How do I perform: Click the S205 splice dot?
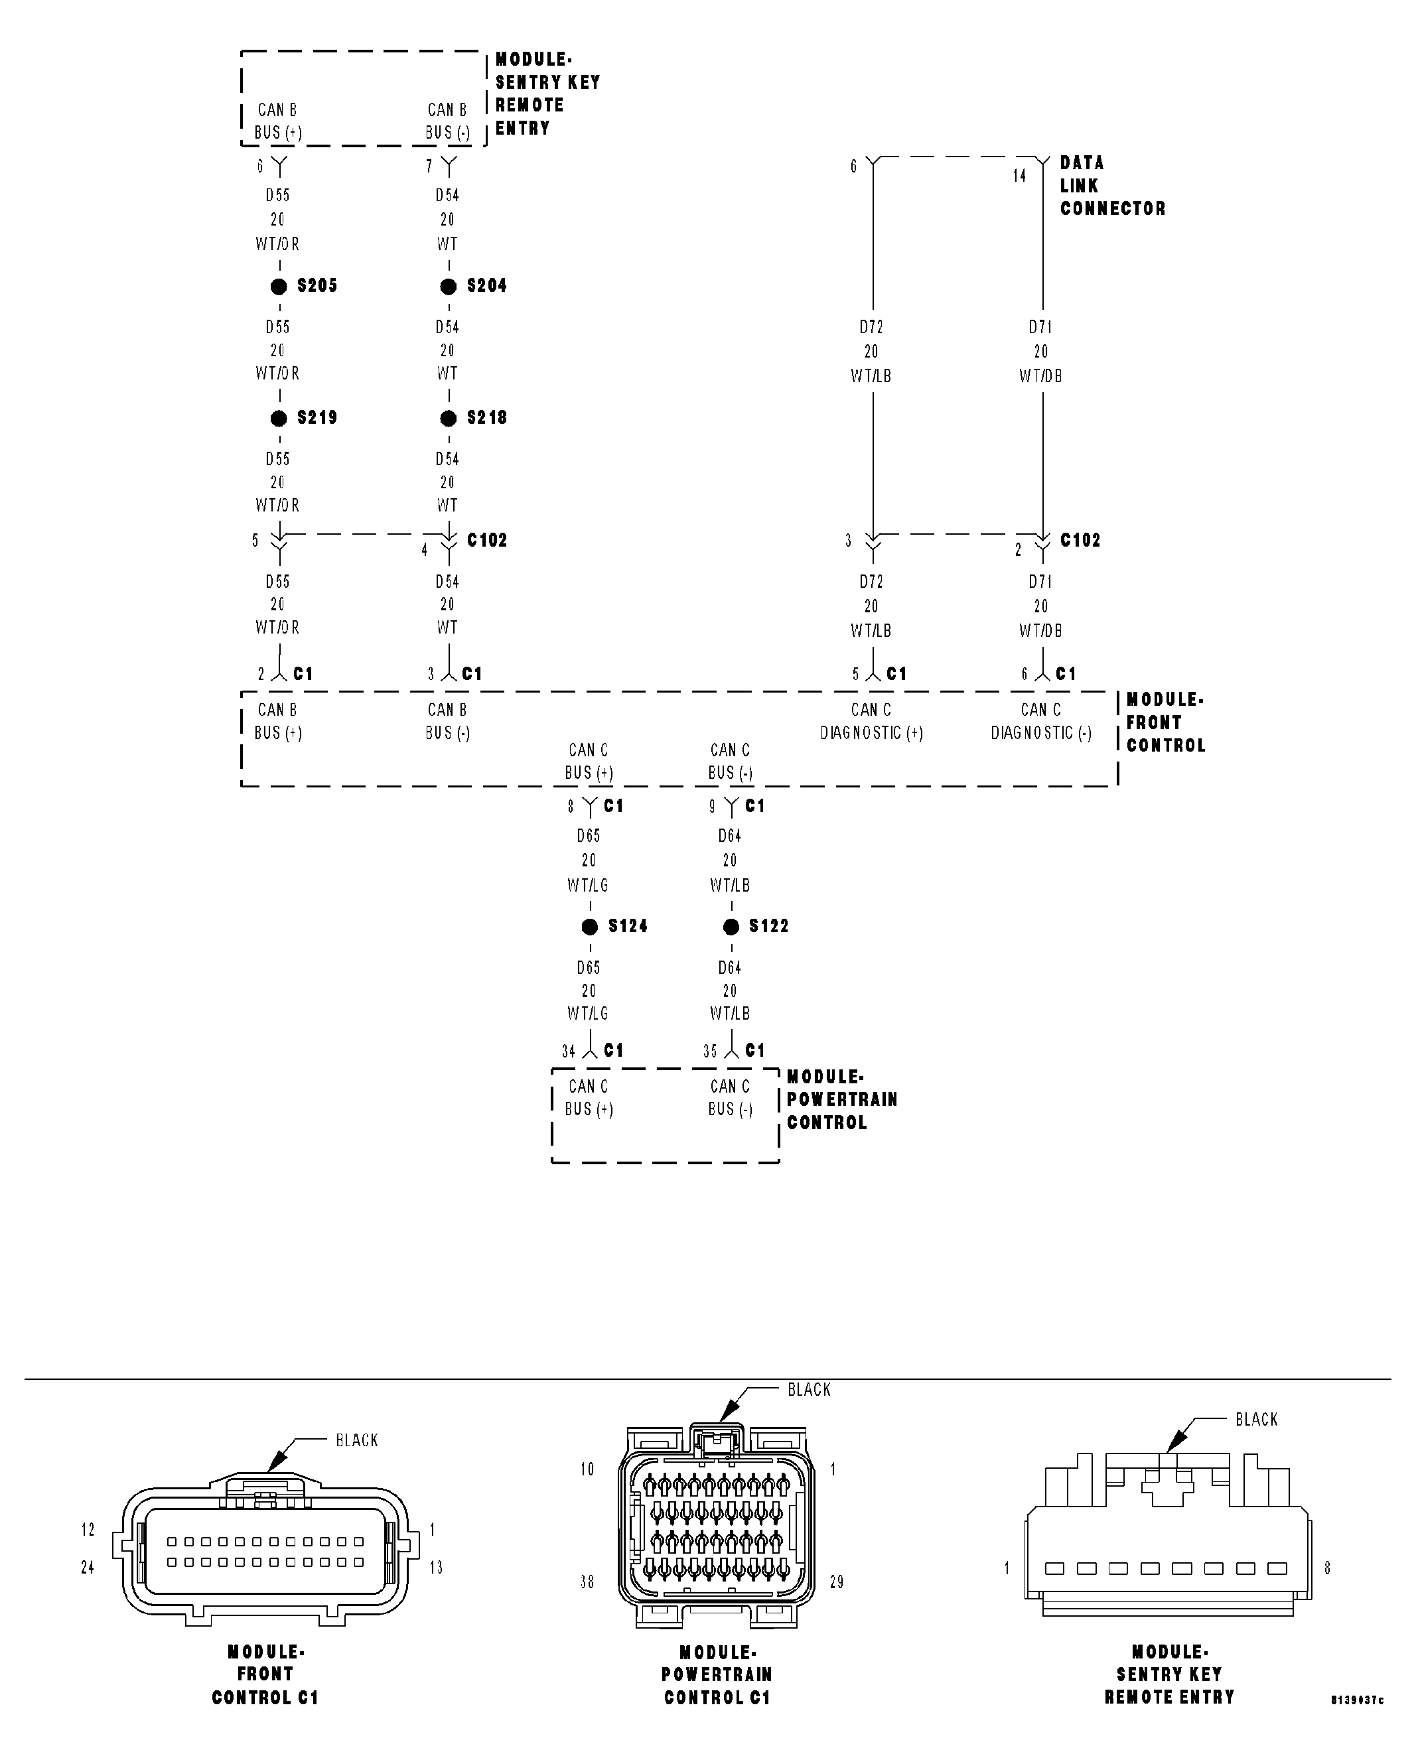pyautogui.click(x=279, y=286)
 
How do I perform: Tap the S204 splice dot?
pyautogui.click(x=448, y=286)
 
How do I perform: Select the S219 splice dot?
pyautogui.click(x=279, y=419)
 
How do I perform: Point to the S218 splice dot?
pyautogui.click(x=448, y=419)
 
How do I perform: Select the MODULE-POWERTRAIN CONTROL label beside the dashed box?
pyautogui.click(x=842, y=1099)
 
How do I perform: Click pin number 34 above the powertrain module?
pyautogui.click(x=569, y=1052)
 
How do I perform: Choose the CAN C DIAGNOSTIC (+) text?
pyautogui.click(x=871, y=722)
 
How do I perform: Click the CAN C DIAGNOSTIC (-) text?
pyautogui.click(x=1041, y=722)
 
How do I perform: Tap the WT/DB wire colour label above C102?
pyautogui.click(x=1041, y=376)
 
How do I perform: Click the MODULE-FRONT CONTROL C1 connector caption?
pyautogui.click(x=265, y=1674)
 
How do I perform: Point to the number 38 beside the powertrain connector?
pyautogui.click(x=587, y=1582)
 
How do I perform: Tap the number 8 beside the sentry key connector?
pyautogui.click(x=1327, y=1568)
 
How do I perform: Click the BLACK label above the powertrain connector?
pyautogui.click(x=809, y=1390)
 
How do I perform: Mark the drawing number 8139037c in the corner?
pyautogui.click(x=1357, y=1700)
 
